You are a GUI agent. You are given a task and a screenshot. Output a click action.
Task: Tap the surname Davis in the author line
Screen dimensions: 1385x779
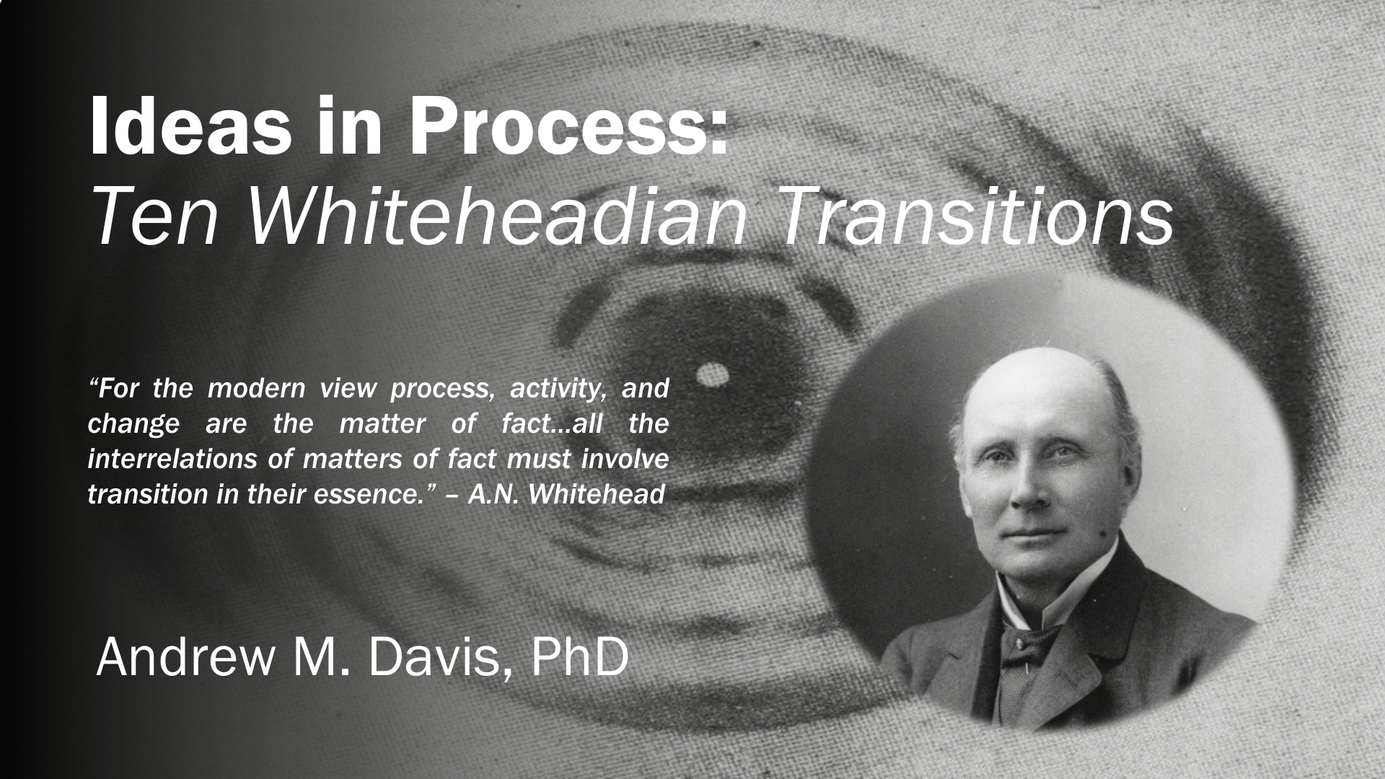pyautogui.click(x=435, y=658)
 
